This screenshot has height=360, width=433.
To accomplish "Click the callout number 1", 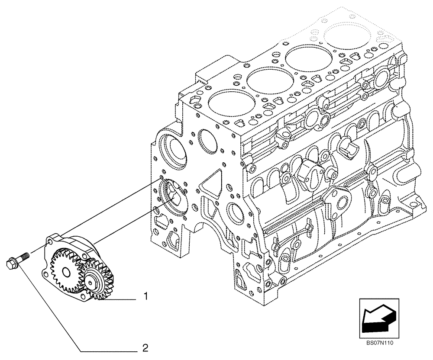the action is (146, 297).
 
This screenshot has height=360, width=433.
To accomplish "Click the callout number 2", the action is (146, 347).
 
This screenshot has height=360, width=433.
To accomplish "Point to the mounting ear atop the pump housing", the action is (54, 238).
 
